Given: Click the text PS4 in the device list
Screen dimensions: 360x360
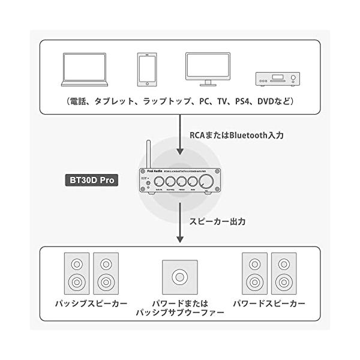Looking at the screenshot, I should point(242,101).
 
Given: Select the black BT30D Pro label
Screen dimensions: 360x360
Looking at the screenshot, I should point(91,179).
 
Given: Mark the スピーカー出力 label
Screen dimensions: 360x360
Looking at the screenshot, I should point(217,221).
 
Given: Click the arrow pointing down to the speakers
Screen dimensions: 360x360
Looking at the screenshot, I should point(180,225).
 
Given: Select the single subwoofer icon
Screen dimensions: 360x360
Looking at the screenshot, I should point(179,277).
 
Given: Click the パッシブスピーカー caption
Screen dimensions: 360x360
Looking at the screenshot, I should point(91,304).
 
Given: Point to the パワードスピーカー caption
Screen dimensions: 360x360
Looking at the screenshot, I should point(269,304).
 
